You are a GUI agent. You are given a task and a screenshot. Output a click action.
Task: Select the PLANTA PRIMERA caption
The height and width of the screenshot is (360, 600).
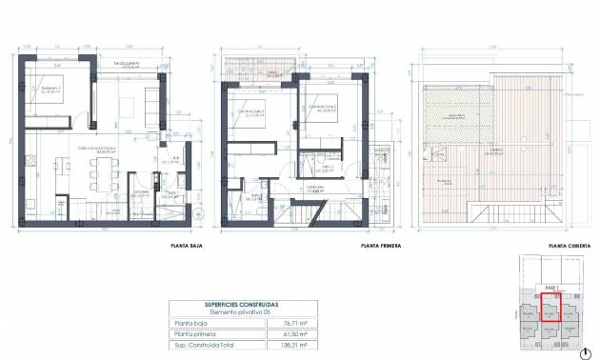[380, 245]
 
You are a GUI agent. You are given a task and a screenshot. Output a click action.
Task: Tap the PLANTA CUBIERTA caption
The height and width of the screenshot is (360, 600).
[570, 245]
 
